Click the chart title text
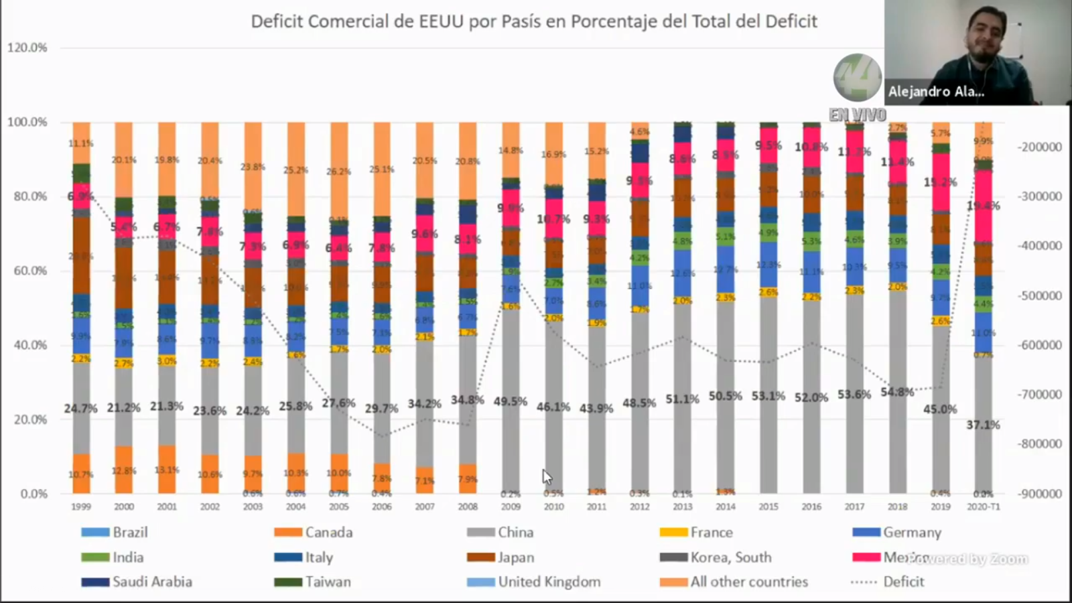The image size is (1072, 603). click(534, 21)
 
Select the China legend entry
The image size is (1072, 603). click(500, 533)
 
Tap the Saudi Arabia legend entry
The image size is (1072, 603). click(137, 582)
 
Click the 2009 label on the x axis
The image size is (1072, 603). click(511, 507)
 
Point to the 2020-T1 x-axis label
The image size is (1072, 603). click(983, 507)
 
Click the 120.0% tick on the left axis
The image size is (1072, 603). click(27, 48)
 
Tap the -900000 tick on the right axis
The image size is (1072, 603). click(1040, 494)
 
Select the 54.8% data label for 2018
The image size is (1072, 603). click(897, 392)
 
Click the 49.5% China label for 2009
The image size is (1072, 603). click(511, 401)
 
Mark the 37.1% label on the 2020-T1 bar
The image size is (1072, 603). click(983, 425)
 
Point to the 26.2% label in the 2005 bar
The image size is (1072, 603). click(339, 172)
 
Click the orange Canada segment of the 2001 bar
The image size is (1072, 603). click(167, 469)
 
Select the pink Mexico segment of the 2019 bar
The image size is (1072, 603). click(940, 182)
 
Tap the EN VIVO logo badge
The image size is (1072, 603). click(858, 87)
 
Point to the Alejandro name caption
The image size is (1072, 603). click(936, 92)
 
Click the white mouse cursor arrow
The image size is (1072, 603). click(547, 477)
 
